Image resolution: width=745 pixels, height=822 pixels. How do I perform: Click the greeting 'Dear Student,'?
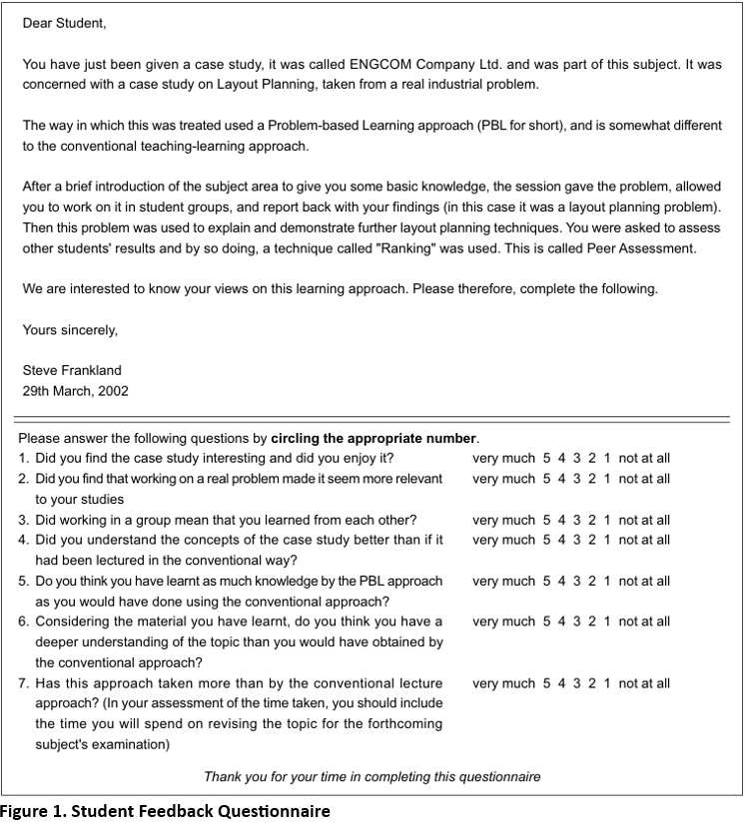[64, 22]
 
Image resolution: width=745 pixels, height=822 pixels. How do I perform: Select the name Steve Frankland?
[72, 371]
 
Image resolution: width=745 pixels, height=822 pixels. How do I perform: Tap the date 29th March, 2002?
[76, 391]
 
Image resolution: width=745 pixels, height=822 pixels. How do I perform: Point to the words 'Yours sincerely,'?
[70, 329]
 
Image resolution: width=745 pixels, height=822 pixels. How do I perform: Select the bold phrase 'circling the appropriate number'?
[373, 438]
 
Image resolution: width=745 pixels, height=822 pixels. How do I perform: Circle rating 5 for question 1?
[546, 459]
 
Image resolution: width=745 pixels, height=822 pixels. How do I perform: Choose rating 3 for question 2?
[577, 479]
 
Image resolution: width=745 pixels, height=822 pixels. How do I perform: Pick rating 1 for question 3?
[607, 520]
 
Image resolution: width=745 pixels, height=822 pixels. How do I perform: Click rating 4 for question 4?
[562, 540]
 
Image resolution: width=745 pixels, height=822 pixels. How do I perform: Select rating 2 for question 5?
[592, 582]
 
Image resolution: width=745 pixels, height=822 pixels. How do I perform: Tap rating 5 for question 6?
[546, 621]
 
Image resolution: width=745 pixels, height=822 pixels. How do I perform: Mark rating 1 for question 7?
[607, 683]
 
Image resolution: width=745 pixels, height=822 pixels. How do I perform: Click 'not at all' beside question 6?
[644, 621]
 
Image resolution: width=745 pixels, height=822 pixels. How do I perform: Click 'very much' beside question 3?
[503, 520]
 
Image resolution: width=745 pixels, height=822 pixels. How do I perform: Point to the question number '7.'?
[24, 683]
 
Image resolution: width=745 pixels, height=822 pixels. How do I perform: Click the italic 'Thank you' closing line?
[372, 776]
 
